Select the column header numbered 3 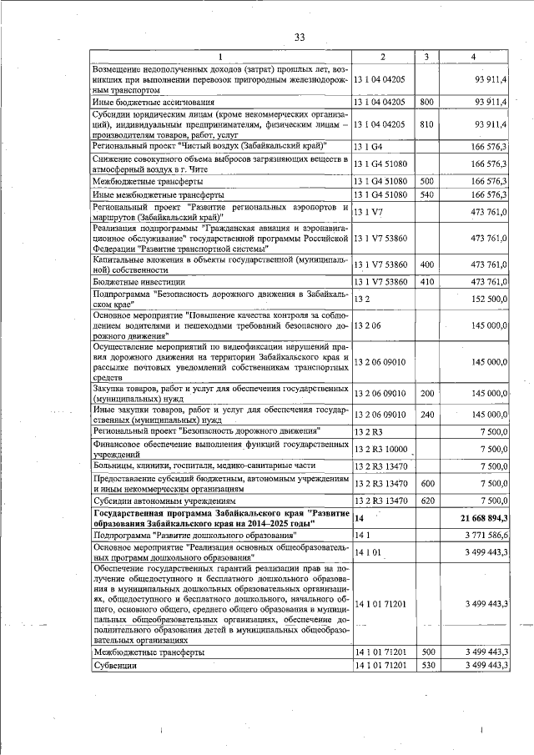tap(426, 57)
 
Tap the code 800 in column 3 tap(426, 102)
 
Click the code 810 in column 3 tap(426, 123)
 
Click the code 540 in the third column tap(426, 194)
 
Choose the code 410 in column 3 tap(426, 282)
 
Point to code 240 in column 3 tap(426, 415)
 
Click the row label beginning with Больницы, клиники tap(193, 466)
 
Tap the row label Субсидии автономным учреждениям tap(152, 501)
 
